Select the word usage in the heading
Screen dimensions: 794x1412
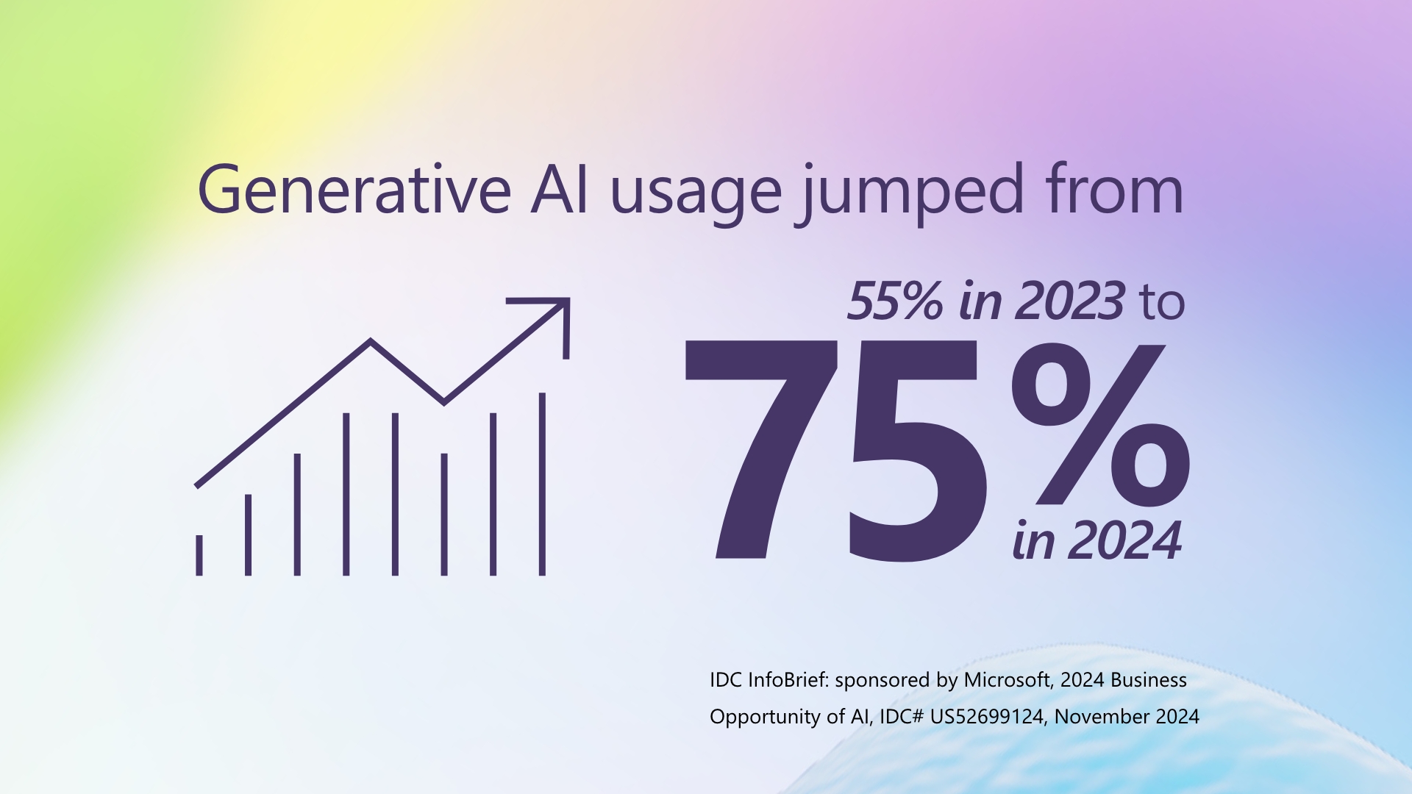click(x=696, y=193)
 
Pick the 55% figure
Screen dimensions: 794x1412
click(x=894, y=301)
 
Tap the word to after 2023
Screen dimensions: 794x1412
click(x=1163, y=303)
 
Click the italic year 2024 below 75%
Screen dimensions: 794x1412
click(x=1125, y=542)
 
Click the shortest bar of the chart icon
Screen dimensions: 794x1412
click(x=199, y=555)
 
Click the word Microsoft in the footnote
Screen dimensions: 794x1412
click(x=1007, y=680)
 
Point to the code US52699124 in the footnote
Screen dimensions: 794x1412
click(x=987, y=717)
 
